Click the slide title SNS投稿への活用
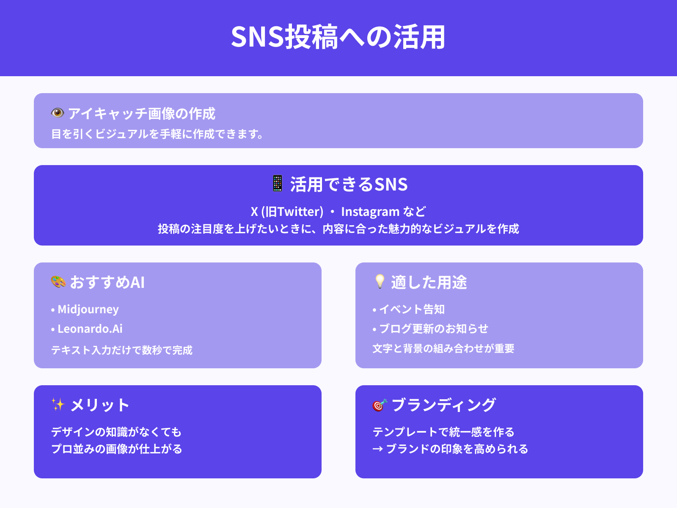[x=338, y=37]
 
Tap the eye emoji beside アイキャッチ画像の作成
[x=58, y=113]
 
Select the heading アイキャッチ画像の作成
[x=142, y=113]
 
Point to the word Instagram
[x=370, y=211]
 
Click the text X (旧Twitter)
[x=287, y=211]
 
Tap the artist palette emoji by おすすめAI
[x=58, y=282]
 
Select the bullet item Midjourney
[x=88, y=309]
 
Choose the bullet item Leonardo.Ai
[x=90, y=329]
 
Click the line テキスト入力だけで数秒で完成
[x=122, y=350]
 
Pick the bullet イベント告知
[x=412, y=309]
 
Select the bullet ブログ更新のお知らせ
[x=433, y=329]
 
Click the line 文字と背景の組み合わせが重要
[x=443, y=348]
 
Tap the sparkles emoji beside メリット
[x=58, y=404]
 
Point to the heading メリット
[x=100, y=405]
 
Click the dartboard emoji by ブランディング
[x=380, y=405]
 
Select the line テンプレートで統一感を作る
[x=443, y=432]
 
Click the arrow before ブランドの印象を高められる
[x=377, y=449]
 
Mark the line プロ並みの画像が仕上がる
[x=117, y=449]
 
